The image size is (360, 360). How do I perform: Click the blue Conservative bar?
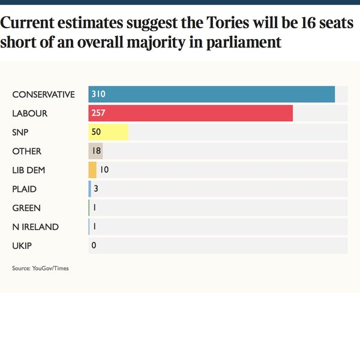click(x=211, y=94)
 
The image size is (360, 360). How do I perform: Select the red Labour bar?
click(x=191, y=113)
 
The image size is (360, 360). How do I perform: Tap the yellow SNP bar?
click(x=108, y=132)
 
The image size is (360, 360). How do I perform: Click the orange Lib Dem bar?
click(x=92, y=170)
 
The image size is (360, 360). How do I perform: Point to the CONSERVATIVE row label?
click(x=43, y=95)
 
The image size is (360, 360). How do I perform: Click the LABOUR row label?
click(x=29, y=113)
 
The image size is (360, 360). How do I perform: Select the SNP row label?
click(x=20, y=132)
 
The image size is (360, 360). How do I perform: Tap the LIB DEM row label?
click(x=29, y=170)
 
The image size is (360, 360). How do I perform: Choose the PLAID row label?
click(x=24, y=189)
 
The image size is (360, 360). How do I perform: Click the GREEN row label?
click(x=26, y=208)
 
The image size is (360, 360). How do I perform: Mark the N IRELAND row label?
click(x=35, y=227)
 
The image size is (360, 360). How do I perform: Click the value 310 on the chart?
click(x=98, y=94)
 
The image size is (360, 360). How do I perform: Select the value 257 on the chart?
click(x=98, y=113)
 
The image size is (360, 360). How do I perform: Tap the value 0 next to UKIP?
click(x=94, y=246)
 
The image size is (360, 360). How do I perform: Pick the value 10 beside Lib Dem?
click(x=104, y=170)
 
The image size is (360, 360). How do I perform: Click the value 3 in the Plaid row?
click(x=96, y=189)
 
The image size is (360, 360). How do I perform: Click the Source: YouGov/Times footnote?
click(x=40, y=268)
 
